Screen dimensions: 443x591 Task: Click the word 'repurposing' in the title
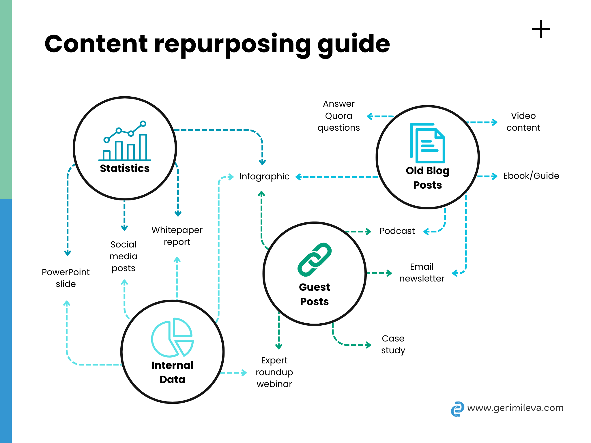233,45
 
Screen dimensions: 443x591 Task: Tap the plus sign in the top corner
541,29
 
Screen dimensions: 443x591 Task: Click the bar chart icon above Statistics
125,141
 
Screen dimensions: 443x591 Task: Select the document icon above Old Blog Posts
427,143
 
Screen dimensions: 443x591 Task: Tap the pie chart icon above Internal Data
172,337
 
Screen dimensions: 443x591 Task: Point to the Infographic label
264,177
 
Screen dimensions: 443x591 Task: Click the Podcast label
397,231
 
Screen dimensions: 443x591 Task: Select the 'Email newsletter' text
422,273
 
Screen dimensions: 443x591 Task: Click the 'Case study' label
393,344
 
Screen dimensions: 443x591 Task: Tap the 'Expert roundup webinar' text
274,372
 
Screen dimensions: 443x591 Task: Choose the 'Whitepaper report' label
177,236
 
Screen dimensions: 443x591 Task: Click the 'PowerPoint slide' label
66,278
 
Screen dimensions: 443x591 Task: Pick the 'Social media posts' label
124,256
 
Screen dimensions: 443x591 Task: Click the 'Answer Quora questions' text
338,116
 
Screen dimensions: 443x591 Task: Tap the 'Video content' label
523,122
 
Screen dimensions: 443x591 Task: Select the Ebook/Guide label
531,176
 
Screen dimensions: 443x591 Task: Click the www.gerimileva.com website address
515,408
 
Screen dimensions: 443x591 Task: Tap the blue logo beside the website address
457,409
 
